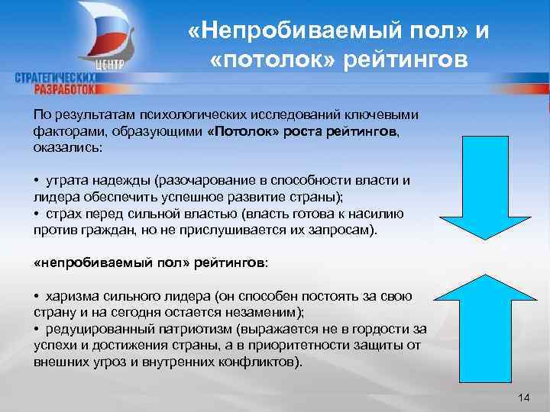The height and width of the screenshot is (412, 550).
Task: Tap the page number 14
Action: (523, 398)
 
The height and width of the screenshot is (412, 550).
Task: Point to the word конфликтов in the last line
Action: (260, 362)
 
